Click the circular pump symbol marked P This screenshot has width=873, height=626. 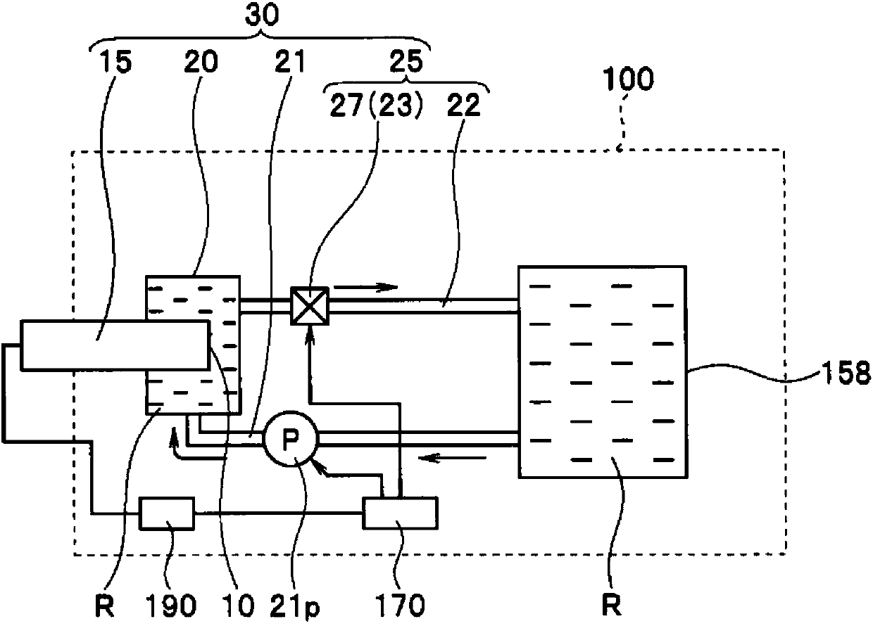[x=291, y=438]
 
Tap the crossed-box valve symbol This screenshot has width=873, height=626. [x=310, y=306]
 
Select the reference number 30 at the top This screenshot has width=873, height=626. [x=263, y=15]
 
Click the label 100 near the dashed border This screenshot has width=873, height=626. [x=628, y=79]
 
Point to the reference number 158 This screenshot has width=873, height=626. [x=846, y=373]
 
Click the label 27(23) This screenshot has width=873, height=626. [x=377, y=106]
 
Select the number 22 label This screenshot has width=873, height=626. [x=463, y=105]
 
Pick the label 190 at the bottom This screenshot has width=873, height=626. [x=171, y=606]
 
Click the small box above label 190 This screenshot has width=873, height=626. [x=167, y=513]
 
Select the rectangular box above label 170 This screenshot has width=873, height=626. [x=401, y=513]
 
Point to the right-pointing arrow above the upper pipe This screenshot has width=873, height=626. [x=365, y=287]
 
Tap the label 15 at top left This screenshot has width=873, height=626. [x=115, y=62]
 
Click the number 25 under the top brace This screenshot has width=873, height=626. [x=406, y=61]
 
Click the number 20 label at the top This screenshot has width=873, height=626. [x=201, y=62]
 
